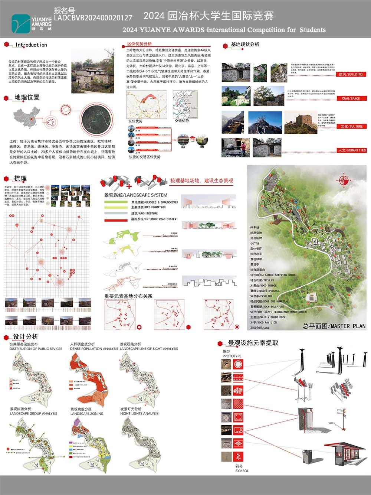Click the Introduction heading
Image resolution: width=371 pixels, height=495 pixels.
pos(31,45)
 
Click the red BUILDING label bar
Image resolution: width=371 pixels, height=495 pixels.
pos(350,74)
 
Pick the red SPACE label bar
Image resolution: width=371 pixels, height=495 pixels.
pos(350,98)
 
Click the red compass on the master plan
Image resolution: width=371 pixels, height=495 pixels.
pos(344,180)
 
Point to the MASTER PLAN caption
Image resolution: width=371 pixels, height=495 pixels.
pos(334,326)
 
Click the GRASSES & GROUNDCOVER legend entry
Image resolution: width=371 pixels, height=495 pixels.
pos(154,202)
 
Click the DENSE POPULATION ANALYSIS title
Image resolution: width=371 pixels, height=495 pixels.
pos(94,349)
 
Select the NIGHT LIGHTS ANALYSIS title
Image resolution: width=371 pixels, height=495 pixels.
pos(139,413)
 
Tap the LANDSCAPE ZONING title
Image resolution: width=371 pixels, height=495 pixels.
pos(87,414)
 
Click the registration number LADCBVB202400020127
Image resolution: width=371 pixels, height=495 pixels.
pos(93,17)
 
